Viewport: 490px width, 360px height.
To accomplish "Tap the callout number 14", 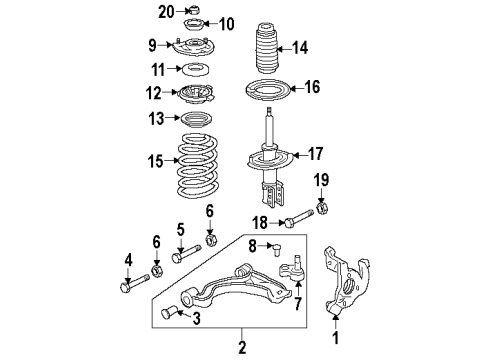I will (x=299, y=47).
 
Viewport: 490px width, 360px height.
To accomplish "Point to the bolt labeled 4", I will (x=131, y=287).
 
